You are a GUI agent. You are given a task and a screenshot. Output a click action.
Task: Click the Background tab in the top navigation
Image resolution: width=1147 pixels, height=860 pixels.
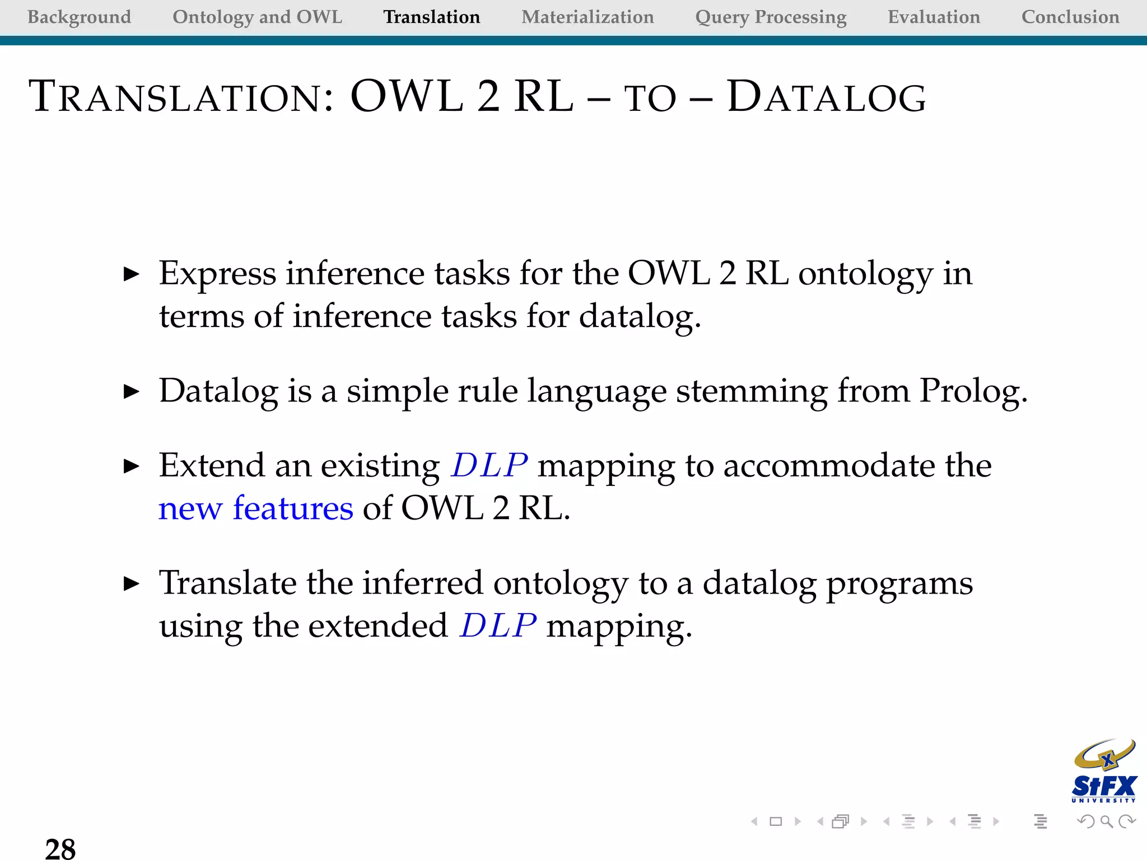(79, 17)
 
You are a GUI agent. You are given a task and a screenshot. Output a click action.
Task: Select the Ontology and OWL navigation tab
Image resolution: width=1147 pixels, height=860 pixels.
(257, 17)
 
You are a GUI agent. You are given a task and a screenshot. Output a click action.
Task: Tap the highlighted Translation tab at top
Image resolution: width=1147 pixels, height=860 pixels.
(431, 17)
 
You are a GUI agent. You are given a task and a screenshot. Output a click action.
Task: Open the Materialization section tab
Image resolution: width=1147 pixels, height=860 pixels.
(588, 17)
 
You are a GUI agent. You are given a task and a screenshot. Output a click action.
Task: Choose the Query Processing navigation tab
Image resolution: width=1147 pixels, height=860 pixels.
(771, 17)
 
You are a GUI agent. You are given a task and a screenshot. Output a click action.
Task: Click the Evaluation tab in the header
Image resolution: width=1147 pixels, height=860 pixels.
(934, 17)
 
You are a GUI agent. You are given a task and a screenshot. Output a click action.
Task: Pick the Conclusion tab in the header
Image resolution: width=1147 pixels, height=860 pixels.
(1070, 17)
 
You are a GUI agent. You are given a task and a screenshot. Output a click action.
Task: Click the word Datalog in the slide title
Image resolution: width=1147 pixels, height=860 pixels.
(826, 97)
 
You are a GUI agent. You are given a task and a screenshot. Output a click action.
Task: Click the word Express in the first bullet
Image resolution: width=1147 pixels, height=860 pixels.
(217, 274)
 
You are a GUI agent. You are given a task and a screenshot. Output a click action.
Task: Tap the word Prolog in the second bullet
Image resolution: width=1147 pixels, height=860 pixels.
(973, 391)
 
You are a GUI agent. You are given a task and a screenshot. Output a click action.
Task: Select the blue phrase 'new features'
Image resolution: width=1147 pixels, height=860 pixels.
(255, 508)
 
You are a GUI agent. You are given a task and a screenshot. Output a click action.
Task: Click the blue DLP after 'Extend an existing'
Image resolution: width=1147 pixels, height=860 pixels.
(489, 465)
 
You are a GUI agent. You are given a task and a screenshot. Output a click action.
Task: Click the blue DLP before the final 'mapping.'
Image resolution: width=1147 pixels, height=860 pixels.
(497, 625)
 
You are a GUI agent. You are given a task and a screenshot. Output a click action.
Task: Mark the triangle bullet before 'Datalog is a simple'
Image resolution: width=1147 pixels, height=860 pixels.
(131, 391)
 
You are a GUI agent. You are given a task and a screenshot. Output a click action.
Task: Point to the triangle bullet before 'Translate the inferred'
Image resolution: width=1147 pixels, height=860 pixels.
(131, 584)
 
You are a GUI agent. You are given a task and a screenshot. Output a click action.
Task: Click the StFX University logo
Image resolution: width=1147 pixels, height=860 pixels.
(1103, 772)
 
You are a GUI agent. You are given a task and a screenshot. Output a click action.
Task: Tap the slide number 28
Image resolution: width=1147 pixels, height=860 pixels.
(60, 848)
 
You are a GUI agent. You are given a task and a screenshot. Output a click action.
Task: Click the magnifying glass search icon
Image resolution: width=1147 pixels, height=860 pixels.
(1106, 821)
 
